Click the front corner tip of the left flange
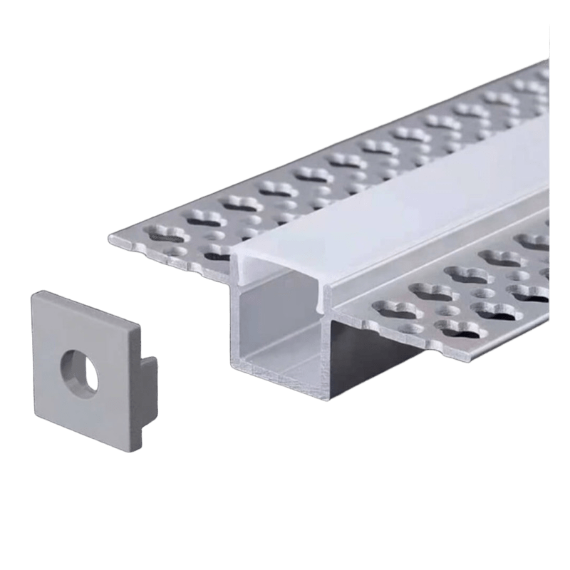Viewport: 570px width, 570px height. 108,236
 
